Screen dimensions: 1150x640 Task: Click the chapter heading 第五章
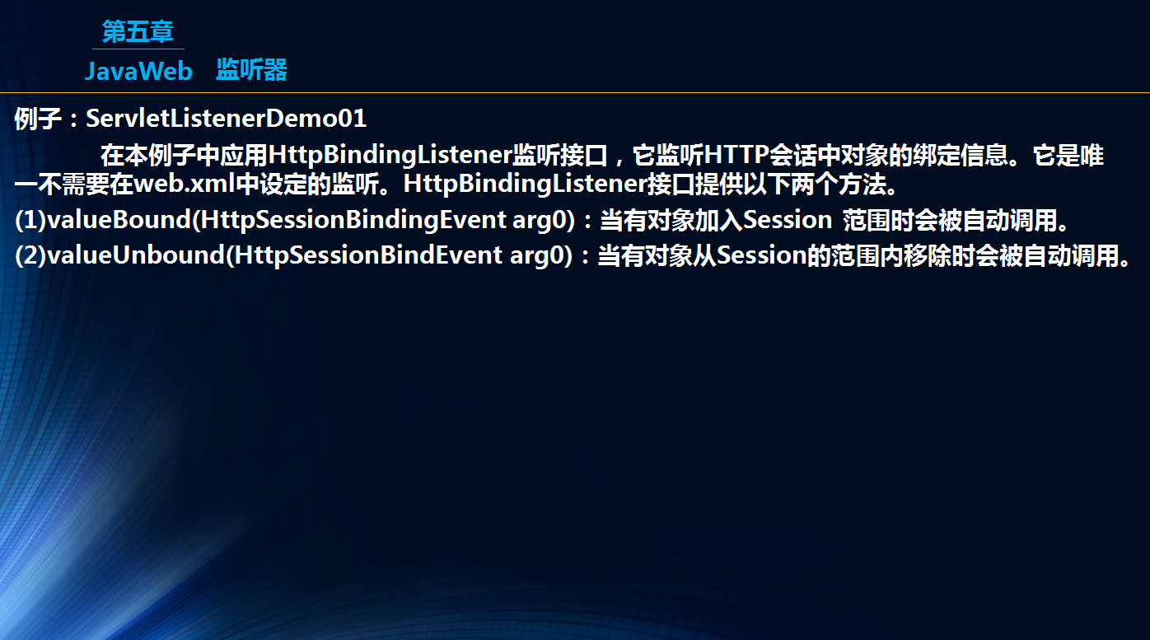tap(138, 31)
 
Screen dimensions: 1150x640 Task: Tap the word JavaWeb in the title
tap(138, 71)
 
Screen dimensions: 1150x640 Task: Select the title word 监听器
tap(251, 70)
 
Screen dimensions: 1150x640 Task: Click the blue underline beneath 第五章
tap(138, 49)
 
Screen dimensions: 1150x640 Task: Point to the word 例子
tap(38, 119)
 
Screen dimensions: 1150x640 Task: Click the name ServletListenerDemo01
tap(226, 119)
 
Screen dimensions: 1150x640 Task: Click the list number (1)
tap(30, 220)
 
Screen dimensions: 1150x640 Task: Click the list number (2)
tap(30, 255)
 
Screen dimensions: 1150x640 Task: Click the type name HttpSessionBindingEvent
tap(353, 220)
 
